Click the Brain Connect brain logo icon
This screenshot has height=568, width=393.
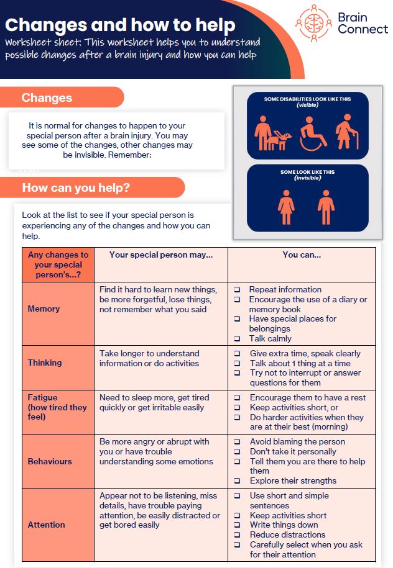314,23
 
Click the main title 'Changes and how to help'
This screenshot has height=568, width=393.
120,25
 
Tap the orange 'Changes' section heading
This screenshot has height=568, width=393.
47,97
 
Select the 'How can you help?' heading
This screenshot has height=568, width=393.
76,187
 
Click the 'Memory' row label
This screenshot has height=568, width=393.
44,309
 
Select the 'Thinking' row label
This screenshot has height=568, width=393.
45,363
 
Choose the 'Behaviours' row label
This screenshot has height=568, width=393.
50,461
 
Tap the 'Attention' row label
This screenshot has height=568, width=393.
46,525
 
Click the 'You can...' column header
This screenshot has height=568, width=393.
302,255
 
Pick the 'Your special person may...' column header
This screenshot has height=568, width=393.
161,255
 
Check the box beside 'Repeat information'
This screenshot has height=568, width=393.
238,290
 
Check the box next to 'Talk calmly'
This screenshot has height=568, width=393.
238,339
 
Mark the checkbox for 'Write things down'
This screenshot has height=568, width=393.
238,525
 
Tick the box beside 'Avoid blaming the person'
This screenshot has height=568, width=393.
238,442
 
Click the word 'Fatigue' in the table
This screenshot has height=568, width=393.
42,397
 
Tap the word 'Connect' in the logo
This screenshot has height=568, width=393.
362,29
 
